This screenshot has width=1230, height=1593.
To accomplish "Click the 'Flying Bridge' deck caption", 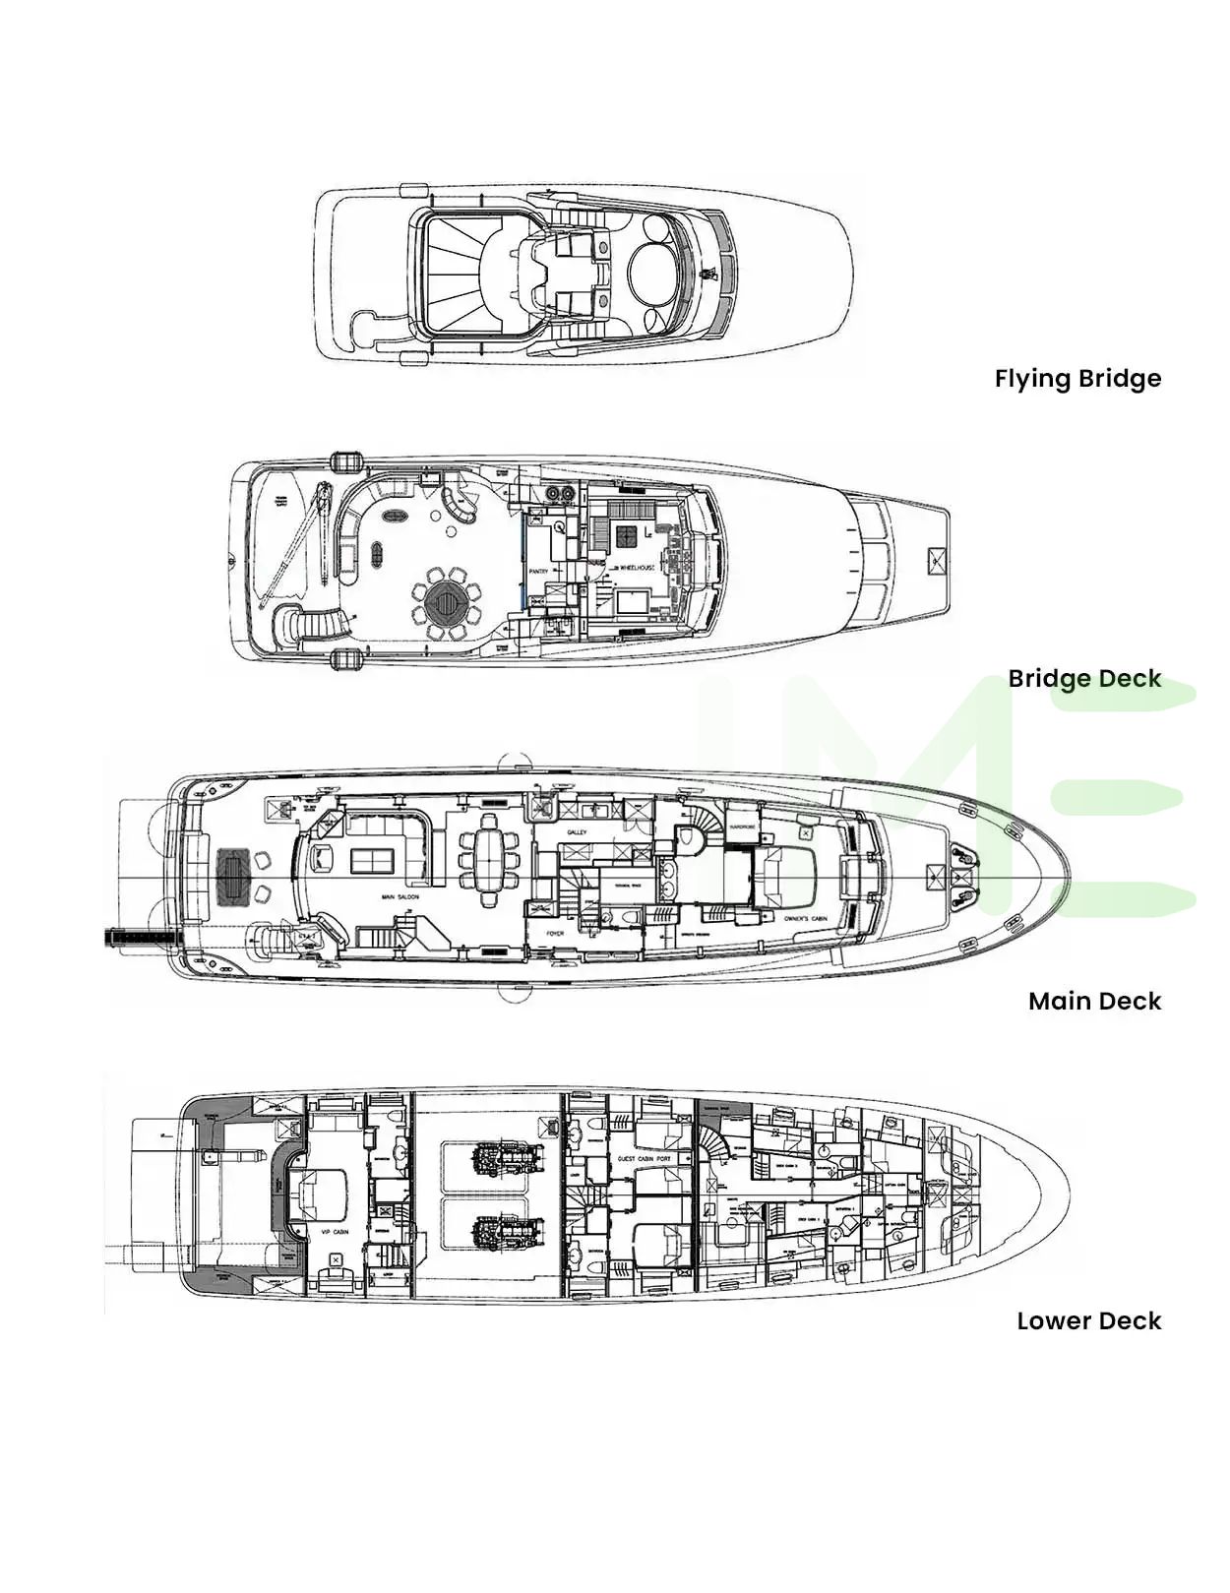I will click(1077, 379).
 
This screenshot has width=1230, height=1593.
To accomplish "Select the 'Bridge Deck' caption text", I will click(1084, 679).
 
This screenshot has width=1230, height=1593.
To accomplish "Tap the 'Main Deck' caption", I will click(1094, 1002).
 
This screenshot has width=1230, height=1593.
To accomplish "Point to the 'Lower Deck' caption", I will click(1088, 1321).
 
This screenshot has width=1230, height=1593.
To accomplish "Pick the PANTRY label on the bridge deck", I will click(538, 572).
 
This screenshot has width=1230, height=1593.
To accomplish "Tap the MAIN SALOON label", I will click(400, 897).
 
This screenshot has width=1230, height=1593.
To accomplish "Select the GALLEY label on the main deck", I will click(577, 832).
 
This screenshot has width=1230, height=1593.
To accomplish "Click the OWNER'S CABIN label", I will click(805, 919).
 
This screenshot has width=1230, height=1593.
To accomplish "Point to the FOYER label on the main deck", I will click(556, 933).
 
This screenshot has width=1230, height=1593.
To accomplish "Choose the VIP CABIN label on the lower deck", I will click(335, 1232).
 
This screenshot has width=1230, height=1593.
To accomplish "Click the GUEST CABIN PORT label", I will click(644, 1159).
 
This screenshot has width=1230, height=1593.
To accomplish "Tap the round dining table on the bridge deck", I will click(447, 598).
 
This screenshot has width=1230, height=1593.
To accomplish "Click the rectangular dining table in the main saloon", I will click(489, 861).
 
